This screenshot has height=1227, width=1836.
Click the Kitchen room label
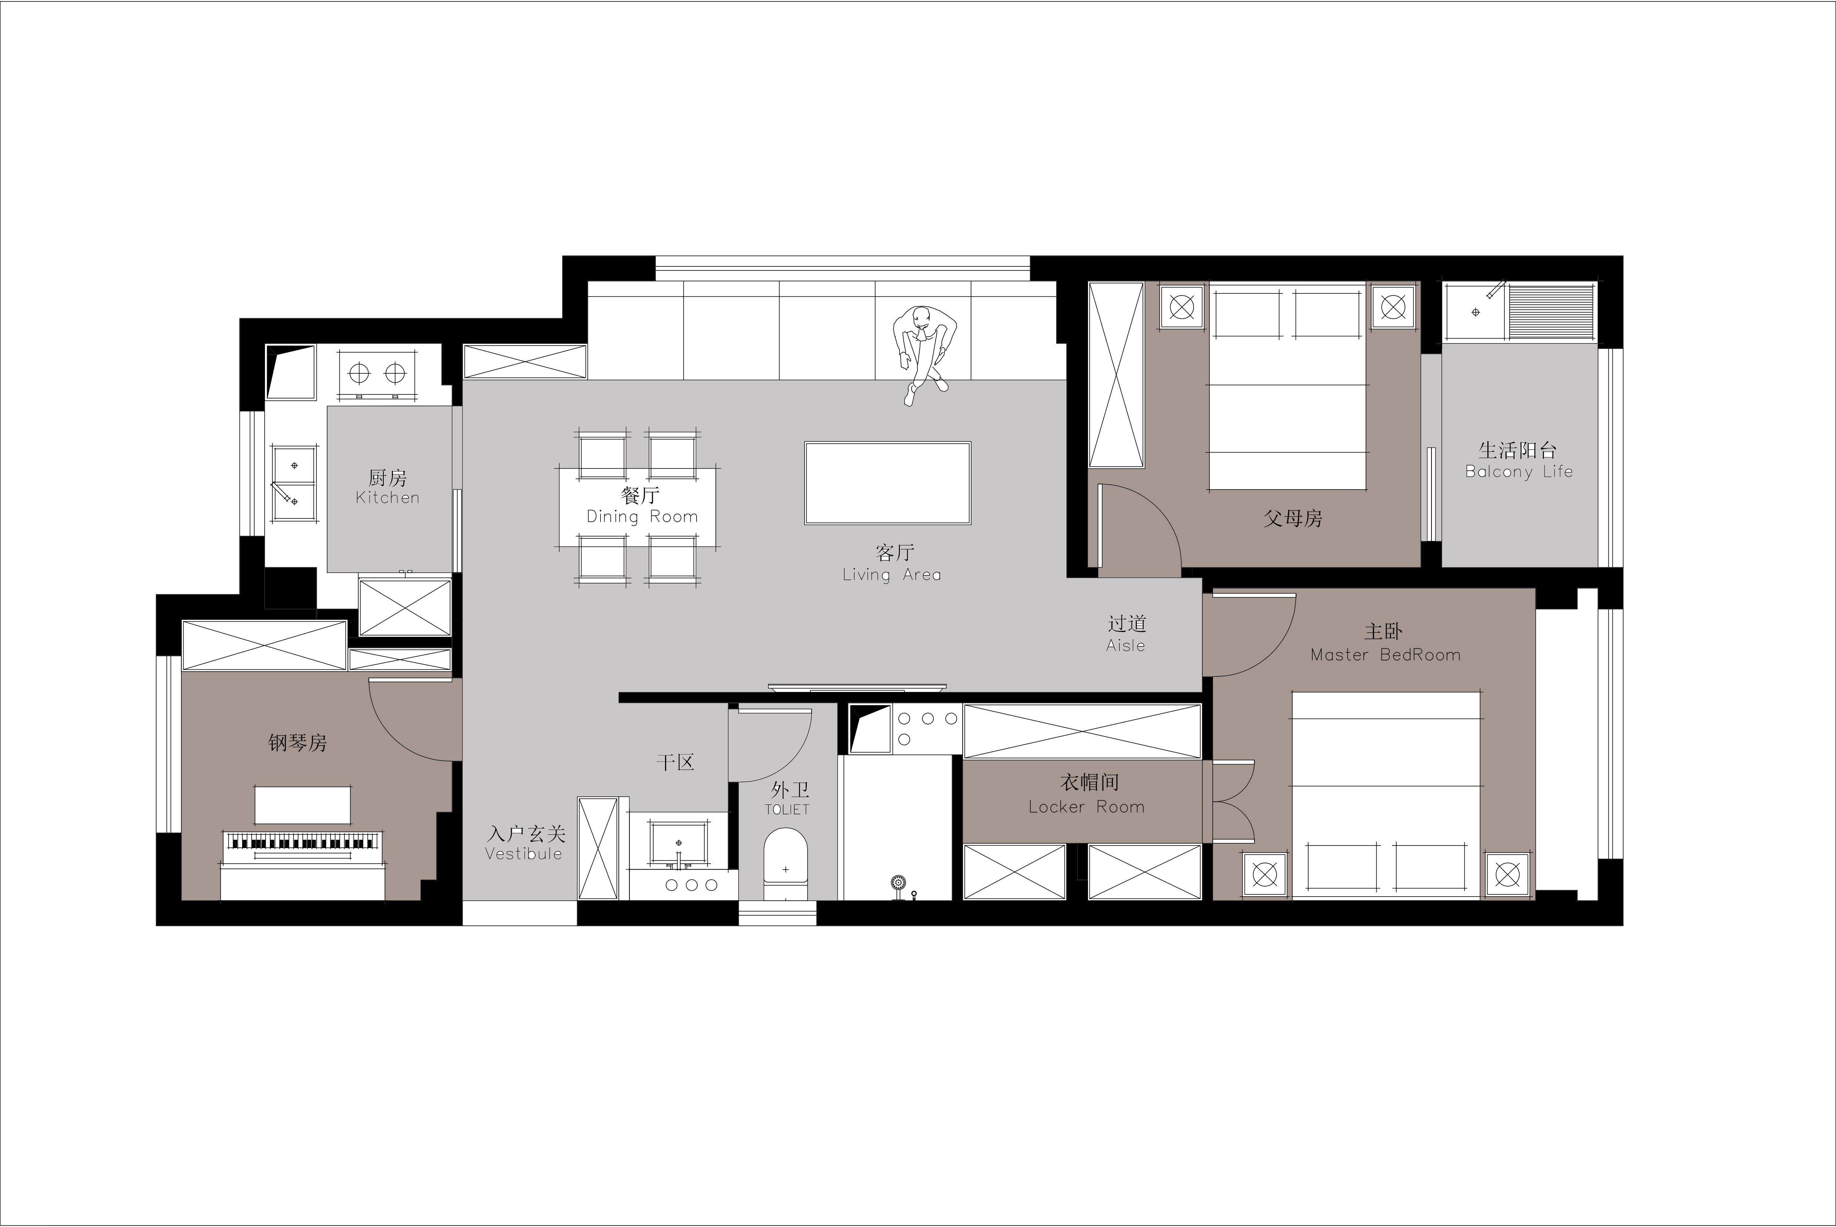(387, 498)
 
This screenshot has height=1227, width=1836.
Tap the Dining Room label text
(642, 517)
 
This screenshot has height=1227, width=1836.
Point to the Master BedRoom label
(1385, 655)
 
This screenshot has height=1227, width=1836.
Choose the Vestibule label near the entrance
(524, 854)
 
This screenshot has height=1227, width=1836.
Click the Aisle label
(1125, 646)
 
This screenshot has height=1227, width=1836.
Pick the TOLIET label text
(787, 810)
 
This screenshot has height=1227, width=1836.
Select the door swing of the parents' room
(1144, 523)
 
